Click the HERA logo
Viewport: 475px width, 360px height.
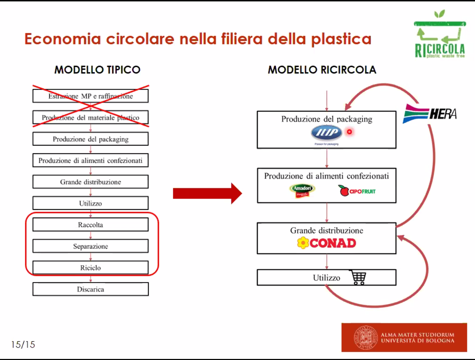click(430, 114)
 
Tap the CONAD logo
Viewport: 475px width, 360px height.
click(327, 243)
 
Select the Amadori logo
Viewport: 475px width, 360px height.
click(302, 190)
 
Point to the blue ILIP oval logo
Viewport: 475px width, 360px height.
click(327, 133)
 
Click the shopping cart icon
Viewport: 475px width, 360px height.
click(358, 277)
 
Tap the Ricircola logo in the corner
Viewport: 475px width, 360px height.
click(440, 35)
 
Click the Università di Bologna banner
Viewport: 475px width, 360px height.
click(404, 337)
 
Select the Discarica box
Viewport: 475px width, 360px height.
click(91, 289)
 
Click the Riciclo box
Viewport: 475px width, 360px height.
click(91, 268)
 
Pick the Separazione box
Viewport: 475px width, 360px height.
click(91, 246)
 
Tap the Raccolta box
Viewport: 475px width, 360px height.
click(91, 225)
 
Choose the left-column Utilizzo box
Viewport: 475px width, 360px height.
click(91, 203)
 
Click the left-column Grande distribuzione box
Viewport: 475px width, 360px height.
click(91, 182)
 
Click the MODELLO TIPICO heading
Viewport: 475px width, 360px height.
click(97, 70)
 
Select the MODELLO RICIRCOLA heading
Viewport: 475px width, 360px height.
click(322, 70)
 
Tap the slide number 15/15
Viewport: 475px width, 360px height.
click(23, 344)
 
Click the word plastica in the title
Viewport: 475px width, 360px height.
click(341, 39)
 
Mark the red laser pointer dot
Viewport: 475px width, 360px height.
click(349, 132)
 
